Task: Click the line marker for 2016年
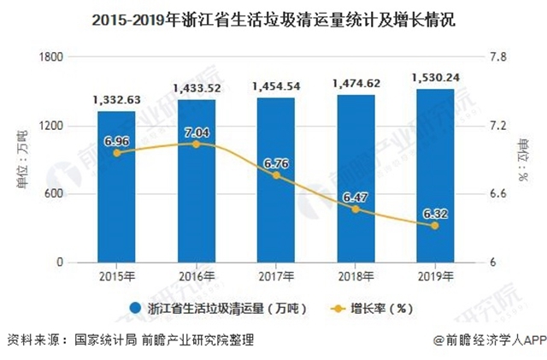(x=196, y=144)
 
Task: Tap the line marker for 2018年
(x=356, y=209)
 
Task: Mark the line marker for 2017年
(x=275, y=175)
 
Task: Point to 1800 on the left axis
(x=55, y=57)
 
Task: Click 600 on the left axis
(x=58, y=194)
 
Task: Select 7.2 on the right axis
(x=498, y=126)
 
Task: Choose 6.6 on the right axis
(x=498, y=194)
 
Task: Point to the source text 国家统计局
(x=105, y=339)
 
